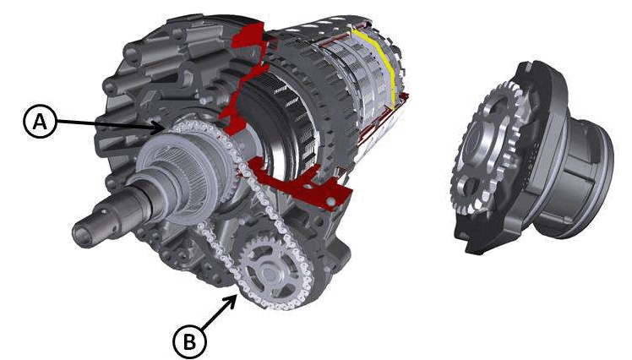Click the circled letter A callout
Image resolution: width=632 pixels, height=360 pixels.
click(x=40, y=122)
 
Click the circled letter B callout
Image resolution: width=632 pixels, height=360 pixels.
click(x=189, y=342)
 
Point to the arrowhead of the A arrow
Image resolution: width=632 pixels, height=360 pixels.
click(x=161, y=129)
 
